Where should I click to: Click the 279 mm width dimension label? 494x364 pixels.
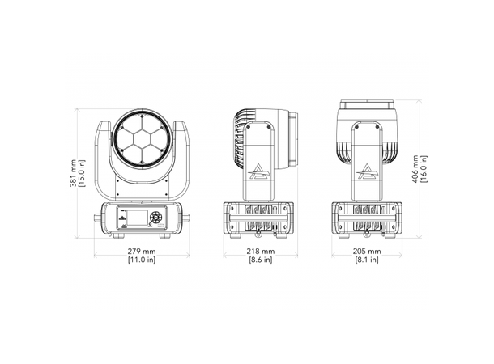(x=142, y=252)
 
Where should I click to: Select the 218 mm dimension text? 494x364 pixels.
(x=261, y=252)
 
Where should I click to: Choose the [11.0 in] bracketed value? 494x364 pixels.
(x=142, y=260)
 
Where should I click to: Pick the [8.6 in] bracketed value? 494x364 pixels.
(x=261, y=260)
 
